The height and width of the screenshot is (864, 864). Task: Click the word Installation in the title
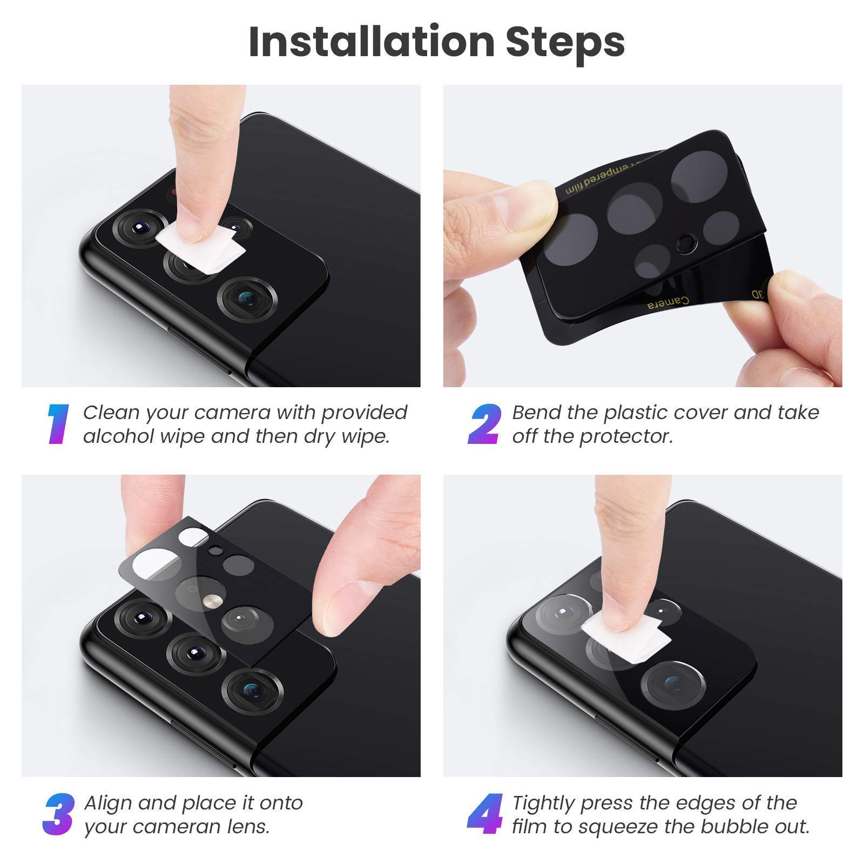coord(372,42)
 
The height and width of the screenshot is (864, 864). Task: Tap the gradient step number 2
coord(484,424)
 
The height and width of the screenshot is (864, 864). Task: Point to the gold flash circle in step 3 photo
coord(211,601)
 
